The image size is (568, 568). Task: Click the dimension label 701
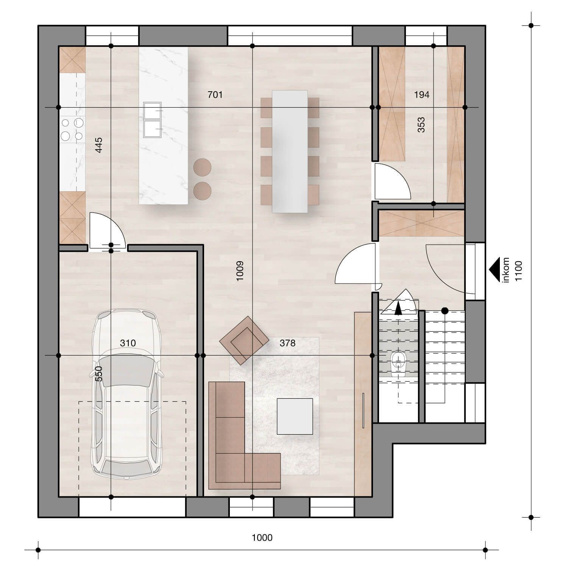[215, 95]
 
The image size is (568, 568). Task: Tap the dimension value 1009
[240, 271]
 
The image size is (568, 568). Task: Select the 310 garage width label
[128, 343]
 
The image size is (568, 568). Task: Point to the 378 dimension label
[287, 343]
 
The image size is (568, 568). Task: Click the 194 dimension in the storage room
[421, 95]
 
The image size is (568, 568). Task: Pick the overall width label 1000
[262, 537]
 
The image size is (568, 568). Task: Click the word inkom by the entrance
[506, 270]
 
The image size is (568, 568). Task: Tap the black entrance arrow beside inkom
[494, 270]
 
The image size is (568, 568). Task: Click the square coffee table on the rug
[295, 416]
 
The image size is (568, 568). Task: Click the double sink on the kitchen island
[153, 120]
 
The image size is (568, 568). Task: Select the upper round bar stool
[202, 167]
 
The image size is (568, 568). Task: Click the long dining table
[290, 151]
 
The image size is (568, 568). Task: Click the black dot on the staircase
[445, 311]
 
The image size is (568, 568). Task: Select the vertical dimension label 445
[98, 145]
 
